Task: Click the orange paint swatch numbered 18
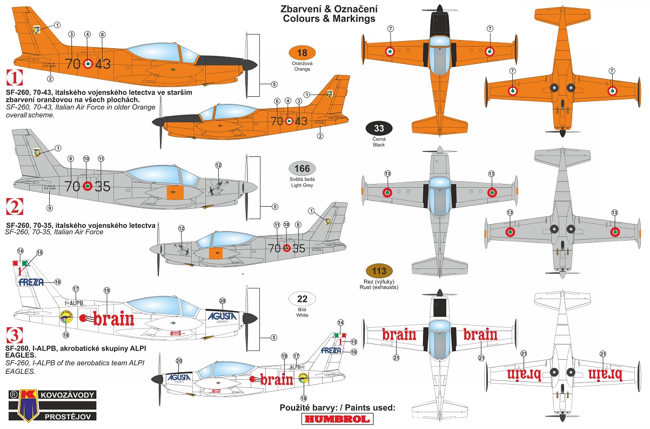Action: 302,53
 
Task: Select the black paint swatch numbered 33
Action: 379,129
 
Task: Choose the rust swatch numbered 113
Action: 379,271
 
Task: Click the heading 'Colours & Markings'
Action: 329,19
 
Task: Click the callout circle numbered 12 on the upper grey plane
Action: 218,165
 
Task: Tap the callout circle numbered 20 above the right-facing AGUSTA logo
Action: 222,301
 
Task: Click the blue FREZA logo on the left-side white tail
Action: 31,282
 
